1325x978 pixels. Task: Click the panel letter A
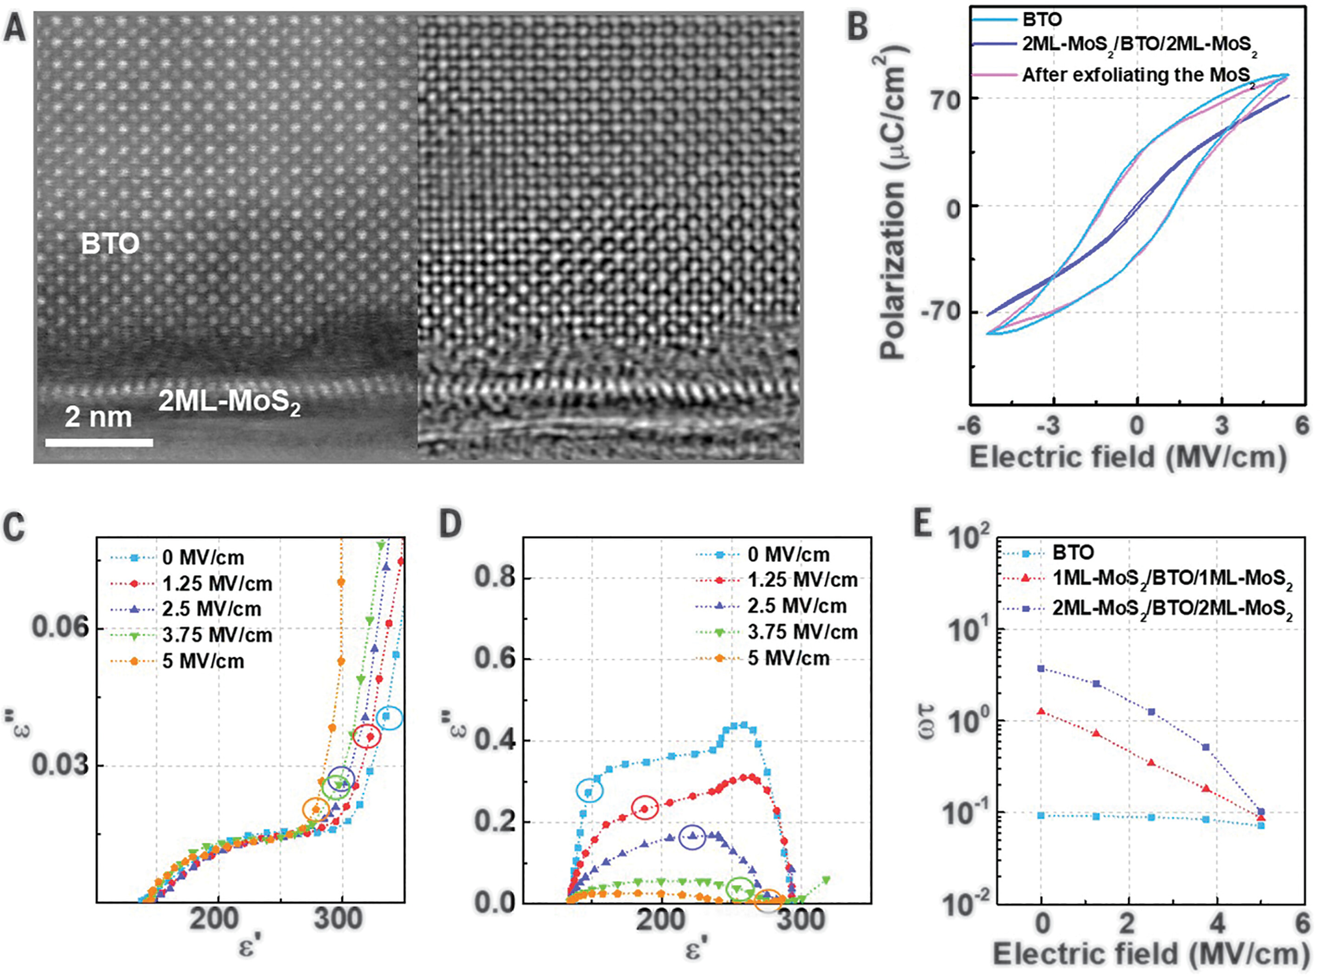pyautogui.click(x=15, y=28)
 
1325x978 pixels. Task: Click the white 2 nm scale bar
pyautogui.click(x=99, y=442)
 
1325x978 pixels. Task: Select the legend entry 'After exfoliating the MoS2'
pyautogui.click(x=1137, y=76)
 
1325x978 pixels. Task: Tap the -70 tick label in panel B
pyautogui.click(x=940, y=312)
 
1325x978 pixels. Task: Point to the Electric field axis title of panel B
pyautogui.click(x=1128, y=457)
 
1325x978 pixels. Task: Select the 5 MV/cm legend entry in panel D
pyautogui.click(x=788, y=658)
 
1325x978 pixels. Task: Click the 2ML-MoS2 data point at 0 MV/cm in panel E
pyautogui.click(x=1041, y=668)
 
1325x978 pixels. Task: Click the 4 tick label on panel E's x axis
pyautogui.click(x=1217, y=924)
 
